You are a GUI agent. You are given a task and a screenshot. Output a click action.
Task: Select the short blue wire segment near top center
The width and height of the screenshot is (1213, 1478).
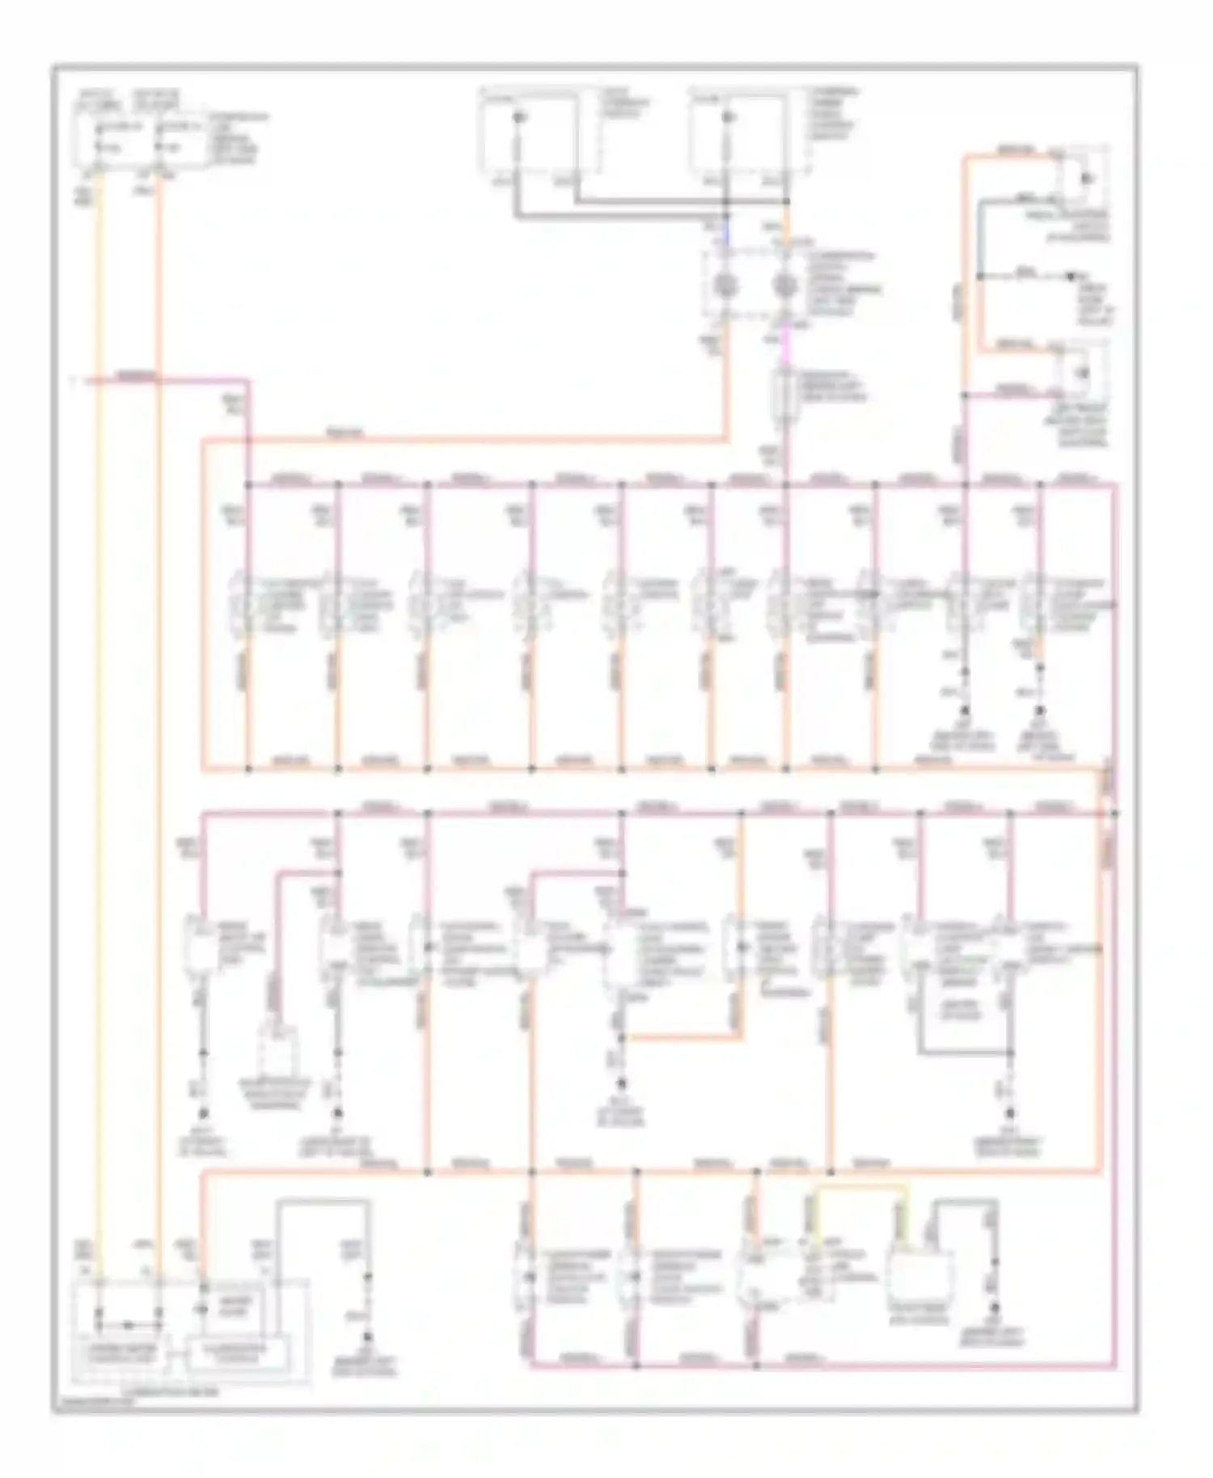click(x=726, y=234)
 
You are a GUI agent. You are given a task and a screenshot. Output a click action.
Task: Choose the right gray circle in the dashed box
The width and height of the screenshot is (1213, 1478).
click(x=784, y=285)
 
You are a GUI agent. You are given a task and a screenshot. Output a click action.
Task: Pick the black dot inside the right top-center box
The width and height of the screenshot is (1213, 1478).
click(x=727, y=118)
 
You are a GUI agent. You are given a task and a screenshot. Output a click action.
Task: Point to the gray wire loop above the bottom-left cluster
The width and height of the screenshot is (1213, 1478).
click(x=323, y=1205)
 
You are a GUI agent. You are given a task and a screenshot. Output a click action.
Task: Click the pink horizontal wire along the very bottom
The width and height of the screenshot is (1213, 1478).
click(x=809, y=1366)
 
